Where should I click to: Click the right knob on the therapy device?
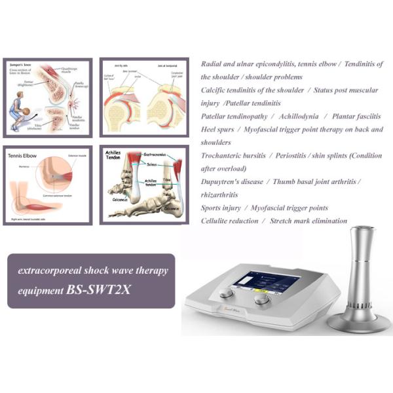coord(262,299)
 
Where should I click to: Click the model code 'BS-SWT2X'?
coord(98,288)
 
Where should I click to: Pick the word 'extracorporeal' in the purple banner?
coord(49,271)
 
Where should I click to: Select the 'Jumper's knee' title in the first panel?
coord(23,66)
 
